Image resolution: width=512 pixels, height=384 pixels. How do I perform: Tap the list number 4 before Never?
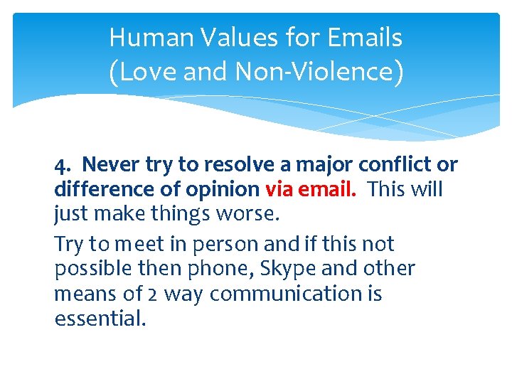click(x=60, y=165)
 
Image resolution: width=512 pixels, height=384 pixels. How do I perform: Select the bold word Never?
click(x=110, y=165)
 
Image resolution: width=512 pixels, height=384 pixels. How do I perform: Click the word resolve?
click(x=238, y=165)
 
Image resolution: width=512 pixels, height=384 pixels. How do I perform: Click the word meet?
click(x=135, y=244)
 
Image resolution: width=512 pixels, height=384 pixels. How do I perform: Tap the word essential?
click(x=100, y=318)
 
